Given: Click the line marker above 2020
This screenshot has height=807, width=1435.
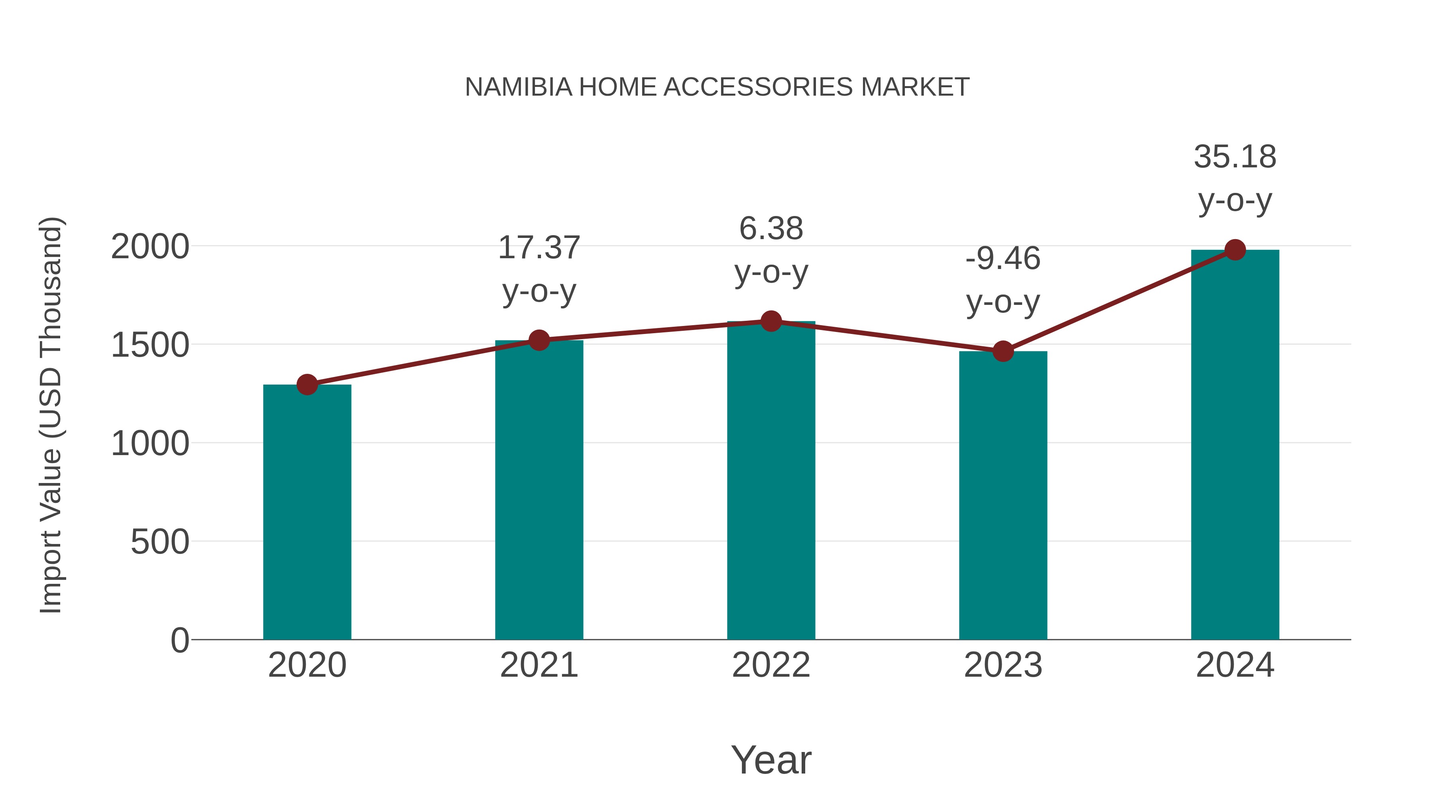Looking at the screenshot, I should [x=307, y=384].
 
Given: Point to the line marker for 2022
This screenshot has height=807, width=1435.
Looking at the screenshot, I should [x=771, y=321].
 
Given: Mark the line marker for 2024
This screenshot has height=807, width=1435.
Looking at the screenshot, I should [x=1235, y=250].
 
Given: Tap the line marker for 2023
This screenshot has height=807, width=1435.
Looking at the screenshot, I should [x=1003, y=351].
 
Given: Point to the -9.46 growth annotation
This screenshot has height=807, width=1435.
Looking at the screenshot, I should [x=1003, y=280].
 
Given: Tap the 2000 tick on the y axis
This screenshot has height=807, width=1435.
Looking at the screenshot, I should [x=150, y=247].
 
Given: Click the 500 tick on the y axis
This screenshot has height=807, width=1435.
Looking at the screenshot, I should [x=160, y=542].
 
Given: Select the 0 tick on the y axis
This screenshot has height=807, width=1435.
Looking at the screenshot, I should [x=179, y=640].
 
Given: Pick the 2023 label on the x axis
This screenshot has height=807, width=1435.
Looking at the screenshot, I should [x=1003, y=665].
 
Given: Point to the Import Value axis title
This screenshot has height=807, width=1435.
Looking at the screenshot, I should [x=51, y=415].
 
